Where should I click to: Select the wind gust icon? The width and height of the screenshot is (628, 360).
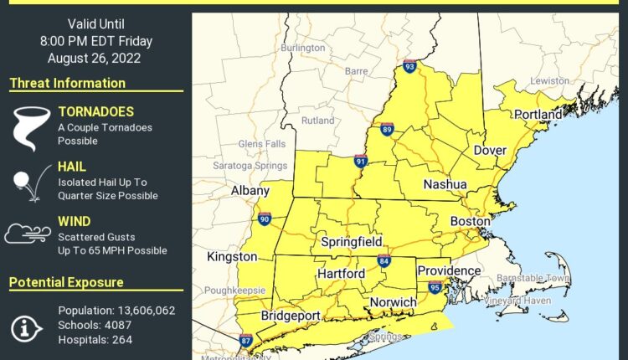(27, 233)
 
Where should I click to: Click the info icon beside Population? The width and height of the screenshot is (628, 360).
(27, 325)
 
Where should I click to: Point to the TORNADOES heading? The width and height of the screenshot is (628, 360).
(95, 112)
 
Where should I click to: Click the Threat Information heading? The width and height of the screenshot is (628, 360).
(68, 83)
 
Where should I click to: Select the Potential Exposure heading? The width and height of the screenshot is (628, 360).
(67, 283)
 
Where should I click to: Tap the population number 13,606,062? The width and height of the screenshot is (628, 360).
(147, 311)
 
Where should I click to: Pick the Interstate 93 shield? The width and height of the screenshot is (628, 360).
(409, 65)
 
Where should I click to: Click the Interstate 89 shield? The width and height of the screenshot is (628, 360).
(388, 129)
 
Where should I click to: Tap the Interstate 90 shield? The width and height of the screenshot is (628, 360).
(265, 219)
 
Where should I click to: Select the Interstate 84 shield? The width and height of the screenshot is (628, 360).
(383, 260)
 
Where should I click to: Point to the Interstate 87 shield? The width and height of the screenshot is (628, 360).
(245, 340)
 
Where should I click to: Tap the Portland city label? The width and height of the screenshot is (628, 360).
(538, 113)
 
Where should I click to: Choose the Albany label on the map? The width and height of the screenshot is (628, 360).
(250, 191)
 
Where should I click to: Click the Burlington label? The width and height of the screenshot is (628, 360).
(302, 49)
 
